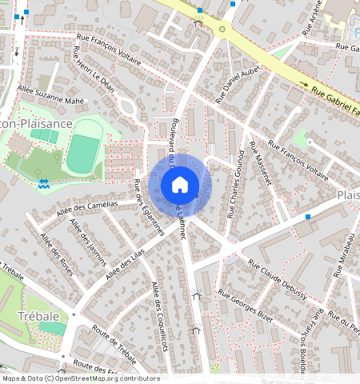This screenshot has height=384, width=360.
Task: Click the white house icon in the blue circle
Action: coord(180,185)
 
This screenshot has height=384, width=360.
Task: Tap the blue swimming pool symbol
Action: coord(44,184)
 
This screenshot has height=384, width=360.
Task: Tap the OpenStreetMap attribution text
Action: coord(80,378)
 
